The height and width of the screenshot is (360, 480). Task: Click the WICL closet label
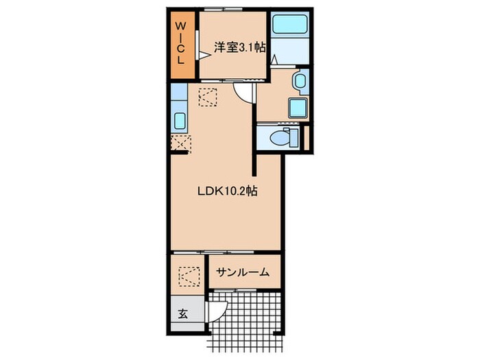click(180, 43)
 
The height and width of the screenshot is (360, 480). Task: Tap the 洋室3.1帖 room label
click(239, 47)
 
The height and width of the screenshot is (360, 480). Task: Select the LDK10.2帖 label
click(227, 191)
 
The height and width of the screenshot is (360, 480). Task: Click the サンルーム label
click(243, 272)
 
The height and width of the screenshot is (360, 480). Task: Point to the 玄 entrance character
click(183, 313)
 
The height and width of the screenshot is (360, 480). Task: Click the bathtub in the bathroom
click(289, 25)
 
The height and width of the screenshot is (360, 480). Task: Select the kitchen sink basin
click(180, 120)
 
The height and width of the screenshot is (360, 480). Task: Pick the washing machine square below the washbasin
click(297, 108)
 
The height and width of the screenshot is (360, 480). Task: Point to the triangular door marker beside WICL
click(204, 56)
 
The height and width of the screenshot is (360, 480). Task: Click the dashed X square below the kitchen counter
click(180, 143)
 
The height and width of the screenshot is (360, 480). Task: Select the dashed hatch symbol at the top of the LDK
click(208, 97)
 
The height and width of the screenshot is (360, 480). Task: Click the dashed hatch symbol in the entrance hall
click(189, 277)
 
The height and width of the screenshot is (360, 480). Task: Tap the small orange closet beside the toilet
click(307, 137)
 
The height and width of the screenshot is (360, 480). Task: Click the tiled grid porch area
click(245, 322)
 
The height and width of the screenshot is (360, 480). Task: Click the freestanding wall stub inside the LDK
click(254, 166)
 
